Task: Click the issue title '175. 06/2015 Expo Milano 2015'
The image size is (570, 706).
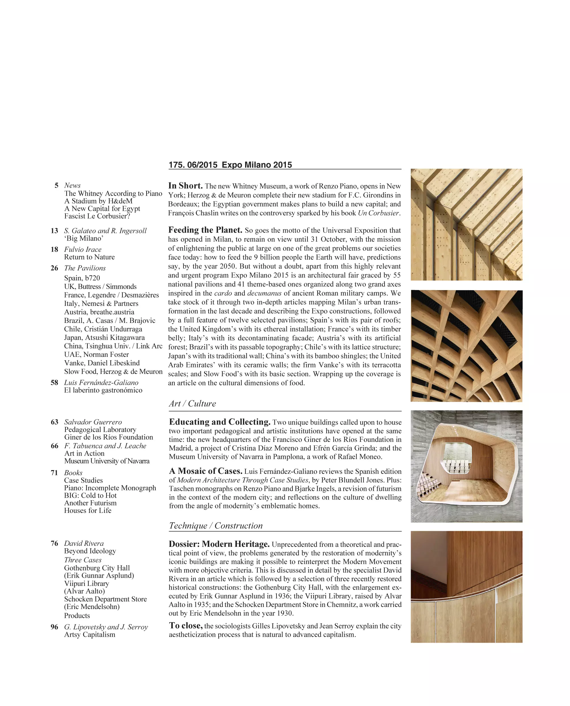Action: click(x=230, y=165)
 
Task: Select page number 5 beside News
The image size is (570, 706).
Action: click(x=56, y=185)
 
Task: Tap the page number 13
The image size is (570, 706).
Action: click(x=54, y=231)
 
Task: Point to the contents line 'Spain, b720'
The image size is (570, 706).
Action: click(x=82, y=278)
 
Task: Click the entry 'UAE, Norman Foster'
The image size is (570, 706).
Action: click(x=97, y=354)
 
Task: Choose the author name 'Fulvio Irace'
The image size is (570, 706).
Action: click(x=83, y=250)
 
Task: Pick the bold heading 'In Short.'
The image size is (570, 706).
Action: click(x=186, y=186)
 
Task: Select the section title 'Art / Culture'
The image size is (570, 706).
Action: click(x=192, y=404)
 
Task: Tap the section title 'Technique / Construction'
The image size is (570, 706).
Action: click(x=216, y=525)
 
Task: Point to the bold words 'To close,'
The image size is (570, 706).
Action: click(x=186, y=626)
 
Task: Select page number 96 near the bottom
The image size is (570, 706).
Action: click(x=54, y=627)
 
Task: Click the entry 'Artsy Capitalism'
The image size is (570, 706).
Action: click(x=90, y=634)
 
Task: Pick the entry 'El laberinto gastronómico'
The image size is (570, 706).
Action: click(x=103, y=390)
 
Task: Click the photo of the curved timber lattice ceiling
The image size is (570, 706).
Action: click(x=466, y=346)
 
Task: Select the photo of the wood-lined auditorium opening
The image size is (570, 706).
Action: click(x=466, y=466)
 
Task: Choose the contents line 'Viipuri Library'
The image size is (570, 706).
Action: click(x=87, y=583)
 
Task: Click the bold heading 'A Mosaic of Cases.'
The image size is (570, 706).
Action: click(x=205, y=471)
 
